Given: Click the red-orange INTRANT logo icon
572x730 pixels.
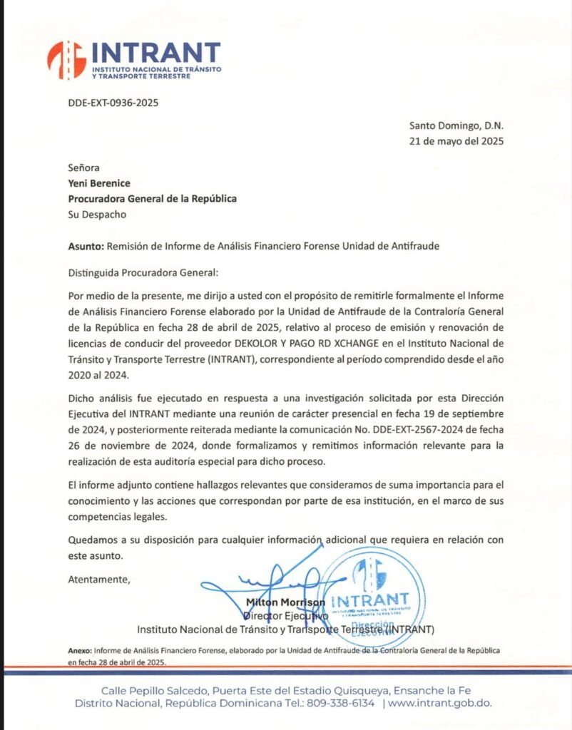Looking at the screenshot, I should [66, 59].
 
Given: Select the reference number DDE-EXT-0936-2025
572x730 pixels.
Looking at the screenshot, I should [113, 103].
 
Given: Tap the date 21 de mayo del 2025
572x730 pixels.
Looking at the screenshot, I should [456, 140].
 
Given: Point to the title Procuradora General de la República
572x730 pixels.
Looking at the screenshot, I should [152, 199].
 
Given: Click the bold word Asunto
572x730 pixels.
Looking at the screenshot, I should [86, 247].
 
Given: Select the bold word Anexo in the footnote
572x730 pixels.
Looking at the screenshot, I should [79, 651].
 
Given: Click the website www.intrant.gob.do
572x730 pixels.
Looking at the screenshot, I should [441, 704].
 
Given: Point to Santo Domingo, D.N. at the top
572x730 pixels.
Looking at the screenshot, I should [456, 125].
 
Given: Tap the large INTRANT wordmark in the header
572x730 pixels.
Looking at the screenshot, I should [155, 52].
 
